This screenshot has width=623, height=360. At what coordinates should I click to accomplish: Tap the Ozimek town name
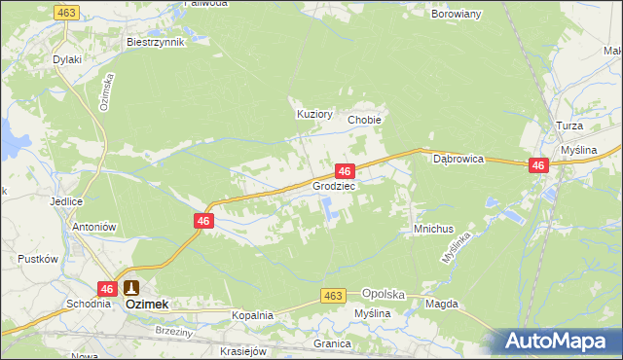[147, 305]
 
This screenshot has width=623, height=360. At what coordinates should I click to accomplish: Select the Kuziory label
[314, 114]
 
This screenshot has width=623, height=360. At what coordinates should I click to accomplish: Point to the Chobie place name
[364, 120]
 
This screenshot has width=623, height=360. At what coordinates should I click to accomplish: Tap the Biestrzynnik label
[155, 43]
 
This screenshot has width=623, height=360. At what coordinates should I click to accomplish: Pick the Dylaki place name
[67, 59]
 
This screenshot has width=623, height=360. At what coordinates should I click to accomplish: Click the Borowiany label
[458, 16]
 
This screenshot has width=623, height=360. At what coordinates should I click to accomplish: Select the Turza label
[569, 127]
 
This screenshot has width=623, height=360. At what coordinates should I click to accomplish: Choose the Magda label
[441, 305]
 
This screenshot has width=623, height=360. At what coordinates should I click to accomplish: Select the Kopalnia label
[252, 316]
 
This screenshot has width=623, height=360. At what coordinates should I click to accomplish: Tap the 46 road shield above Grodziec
[344, 170]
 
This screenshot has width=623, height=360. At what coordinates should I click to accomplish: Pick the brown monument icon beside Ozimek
[130, 287]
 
